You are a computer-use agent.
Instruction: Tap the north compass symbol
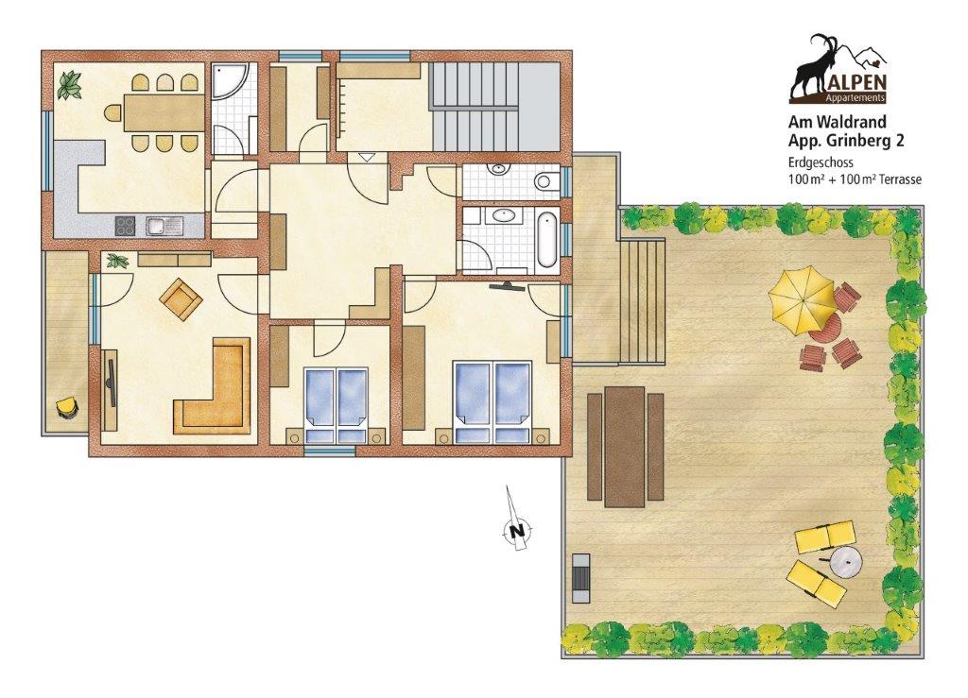[517, 530]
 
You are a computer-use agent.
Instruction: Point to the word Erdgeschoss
[821, 162]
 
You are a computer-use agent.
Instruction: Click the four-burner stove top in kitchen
[127, 225]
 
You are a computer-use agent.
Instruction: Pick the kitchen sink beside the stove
[164, 226]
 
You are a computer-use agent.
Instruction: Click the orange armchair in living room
[181, 298]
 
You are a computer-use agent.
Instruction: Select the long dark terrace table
[624, 447]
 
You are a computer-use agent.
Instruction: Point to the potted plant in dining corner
[69, 85]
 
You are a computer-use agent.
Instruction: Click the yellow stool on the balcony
[66, 408]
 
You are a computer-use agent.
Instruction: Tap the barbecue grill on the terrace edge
[580, 578]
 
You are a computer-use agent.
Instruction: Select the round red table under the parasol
[824, 328]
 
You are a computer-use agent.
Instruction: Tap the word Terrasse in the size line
[897, 180]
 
